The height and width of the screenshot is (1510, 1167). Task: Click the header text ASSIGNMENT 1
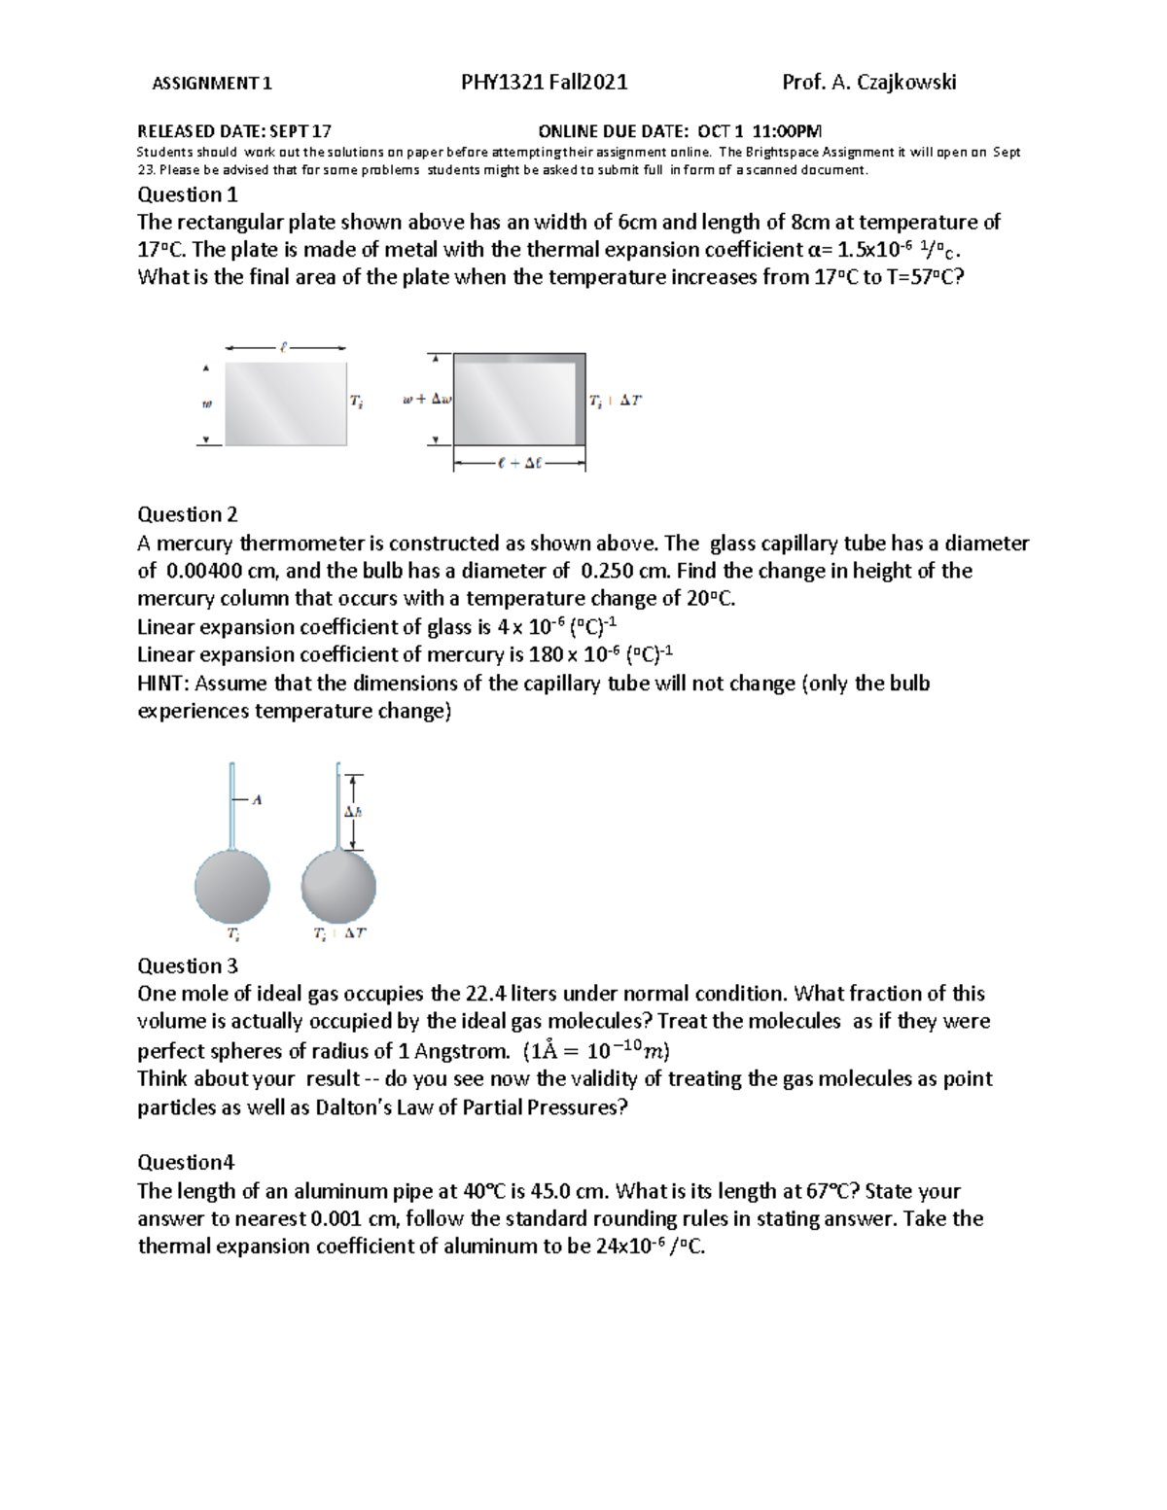click(x=212, y=84)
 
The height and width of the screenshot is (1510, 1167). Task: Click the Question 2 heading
click(x=187, y=514)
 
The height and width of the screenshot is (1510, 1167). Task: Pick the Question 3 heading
click(x=187, y=966)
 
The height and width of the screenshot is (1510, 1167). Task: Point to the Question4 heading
click(x=186, y=1162)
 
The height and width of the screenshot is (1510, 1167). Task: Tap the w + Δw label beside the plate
click(x=428, y=400)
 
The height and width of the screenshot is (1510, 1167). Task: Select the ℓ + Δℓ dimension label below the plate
click(x=518, y=464)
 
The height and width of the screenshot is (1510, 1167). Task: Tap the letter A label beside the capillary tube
click(x=257, y=800)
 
